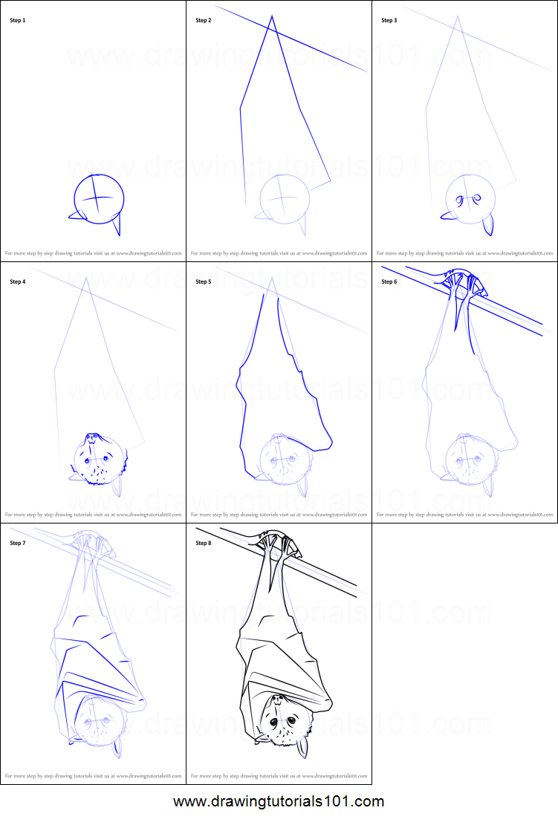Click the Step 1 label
pos(17,20)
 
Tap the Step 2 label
pos(203,20)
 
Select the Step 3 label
pos(389,20)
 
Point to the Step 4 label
pos(17,281)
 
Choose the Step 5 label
pos(203,281)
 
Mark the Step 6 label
pos(389,281)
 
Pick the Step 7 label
pos(17,543)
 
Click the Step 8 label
pos(203,543)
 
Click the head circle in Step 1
pos(98,198)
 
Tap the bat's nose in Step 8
pos(276,699)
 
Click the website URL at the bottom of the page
pos(279,802)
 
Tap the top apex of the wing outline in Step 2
pos(272,16)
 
